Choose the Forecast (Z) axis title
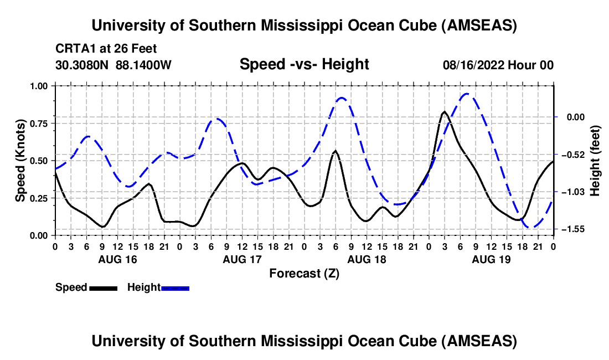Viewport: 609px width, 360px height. (304, 273)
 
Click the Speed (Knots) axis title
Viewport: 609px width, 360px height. (20, 161)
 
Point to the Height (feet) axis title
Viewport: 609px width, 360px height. (595, 161)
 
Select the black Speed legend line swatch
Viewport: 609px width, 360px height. (103, 288)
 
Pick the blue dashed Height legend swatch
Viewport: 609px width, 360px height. (176, 288)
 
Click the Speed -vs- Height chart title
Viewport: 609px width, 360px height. (304, 64)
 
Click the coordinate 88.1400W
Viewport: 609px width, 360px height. (144, 65)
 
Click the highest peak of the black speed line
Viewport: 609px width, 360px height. (445, 112)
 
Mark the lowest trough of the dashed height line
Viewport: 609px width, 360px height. (529, 227)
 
